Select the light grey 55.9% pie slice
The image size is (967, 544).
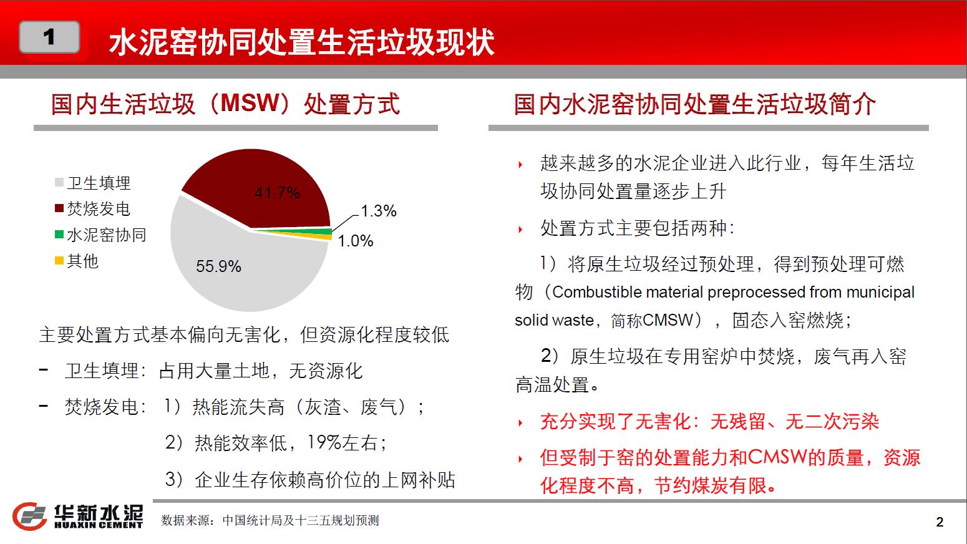233,268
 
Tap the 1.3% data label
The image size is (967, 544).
378,211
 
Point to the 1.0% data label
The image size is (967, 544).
355,241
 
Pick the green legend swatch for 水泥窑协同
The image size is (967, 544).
59,235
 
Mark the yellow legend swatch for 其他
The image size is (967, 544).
59,261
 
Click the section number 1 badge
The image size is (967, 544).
49,37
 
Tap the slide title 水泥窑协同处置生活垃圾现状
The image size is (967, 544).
301,42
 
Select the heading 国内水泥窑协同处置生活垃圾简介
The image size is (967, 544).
694,104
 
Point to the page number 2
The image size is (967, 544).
940,522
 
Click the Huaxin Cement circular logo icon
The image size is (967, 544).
29,517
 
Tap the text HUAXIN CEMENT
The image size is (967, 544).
99,525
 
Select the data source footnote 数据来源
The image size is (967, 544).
270,520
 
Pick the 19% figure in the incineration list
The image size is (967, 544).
324,442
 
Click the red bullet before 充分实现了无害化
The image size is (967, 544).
521,423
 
